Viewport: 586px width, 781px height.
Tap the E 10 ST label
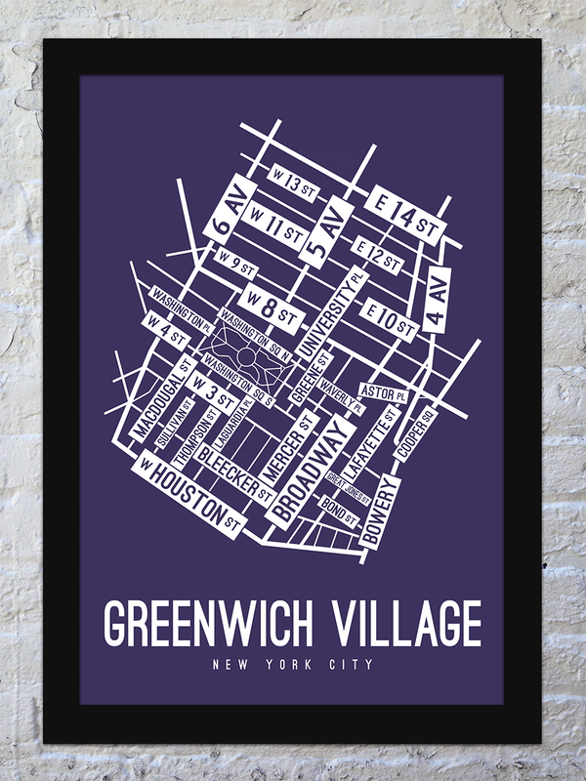[x=388, y=318]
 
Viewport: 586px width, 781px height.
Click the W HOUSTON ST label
[x=190, y=494]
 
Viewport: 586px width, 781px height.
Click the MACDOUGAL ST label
[x=161, y=400]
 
